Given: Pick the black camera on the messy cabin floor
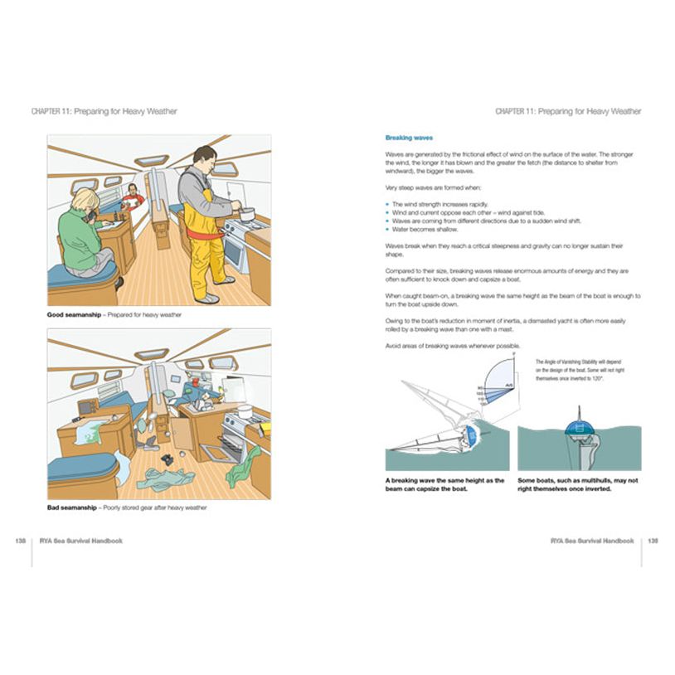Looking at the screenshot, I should pyautogui.click(x=166, y=459).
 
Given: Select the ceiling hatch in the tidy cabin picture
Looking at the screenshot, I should pyautogui.click(x=151, y=161).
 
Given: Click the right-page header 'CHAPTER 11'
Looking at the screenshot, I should pyautogui.click(x=514, y=111).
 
